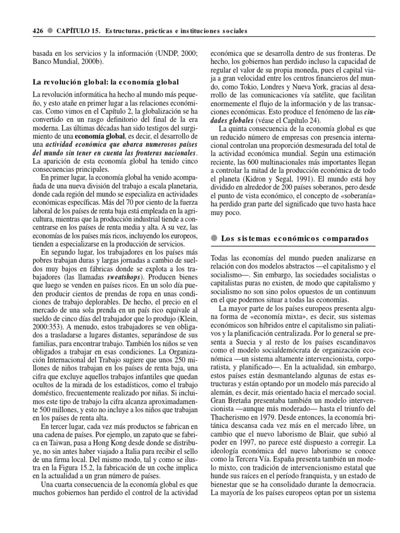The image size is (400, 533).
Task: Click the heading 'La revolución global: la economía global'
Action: (106, 82)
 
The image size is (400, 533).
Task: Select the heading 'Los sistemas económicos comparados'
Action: (295, 238)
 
